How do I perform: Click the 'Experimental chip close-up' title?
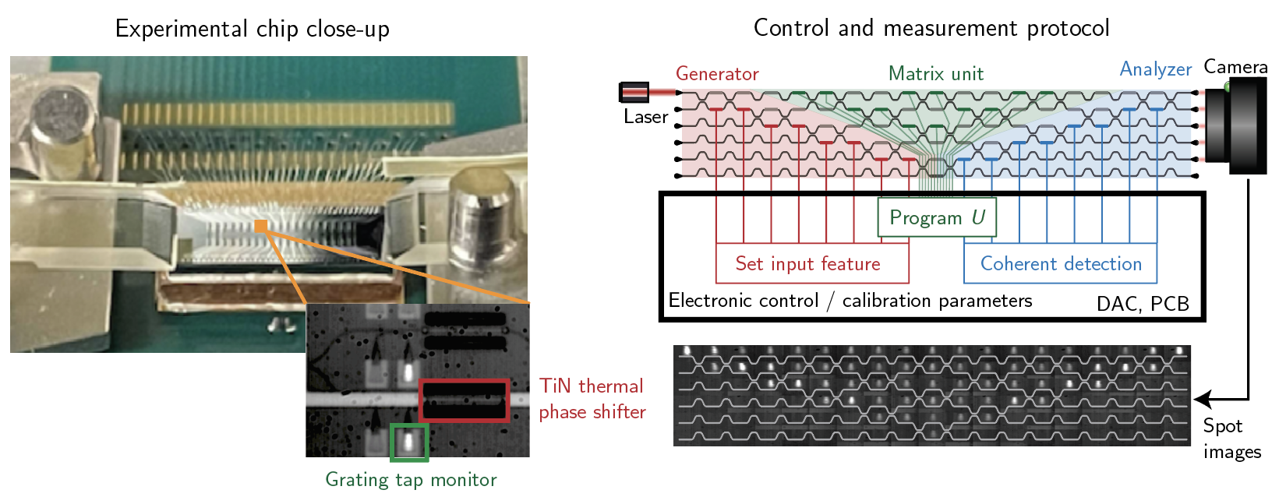point(252,29)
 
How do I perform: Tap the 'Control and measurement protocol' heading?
point(931,28)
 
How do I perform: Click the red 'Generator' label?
point(717,74)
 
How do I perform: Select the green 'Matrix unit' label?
point(935,74)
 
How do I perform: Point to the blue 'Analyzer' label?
point(1155,69)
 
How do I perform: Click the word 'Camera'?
point(1235,67)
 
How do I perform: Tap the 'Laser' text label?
point(645,117)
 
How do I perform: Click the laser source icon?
point(634,92)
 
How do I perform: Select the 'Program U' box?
point(937,217)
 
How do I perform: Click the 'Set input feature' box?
point(811,263)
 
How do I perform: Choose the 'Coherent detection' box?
point(1060,263)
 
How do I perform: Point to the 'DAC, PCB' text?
point(1143,304)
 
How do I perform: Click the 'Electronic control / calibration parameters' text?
point(850,301)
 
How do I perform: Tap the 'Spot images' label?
point(1231,439)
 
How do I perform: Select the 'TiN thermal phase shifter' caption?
point(592,399)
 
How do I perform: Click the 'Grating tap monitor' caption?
point(411,480)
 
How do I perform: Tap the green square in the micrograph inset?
point(409,442)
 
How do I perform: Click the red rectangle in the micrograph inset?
point(464,400)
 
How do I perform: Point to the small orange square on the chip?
point(261,226)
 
